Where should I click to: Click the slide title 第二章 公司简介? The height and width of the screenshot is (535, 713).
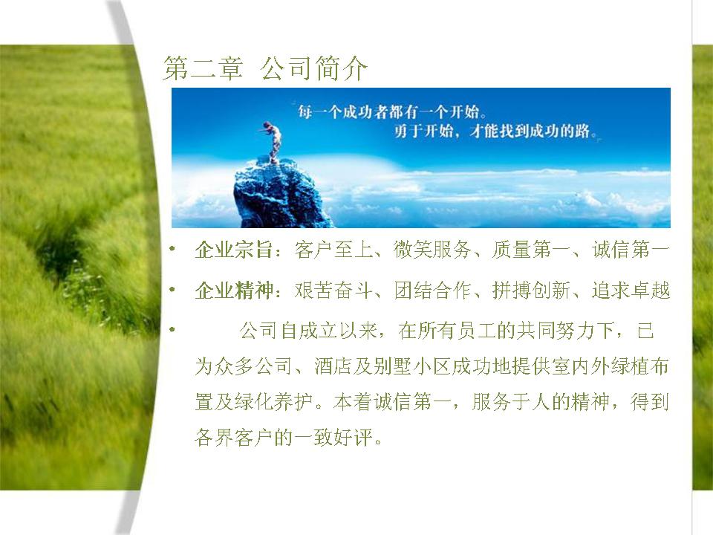[x=265, y=68]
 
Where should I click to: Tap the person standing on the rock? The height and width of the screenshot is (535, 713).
[x=272, y=141]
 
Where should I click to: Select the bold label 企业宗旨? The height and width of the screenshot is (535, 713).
[x=233, y=250]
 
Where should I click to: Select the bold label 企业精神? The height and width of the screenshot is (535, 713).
[x=233, y=290]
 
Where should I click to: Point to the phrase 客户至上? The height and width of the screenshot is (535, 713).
[x=333, y=250]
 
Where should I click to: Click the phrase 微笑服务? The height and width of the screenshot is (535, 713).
[x=432, y=250]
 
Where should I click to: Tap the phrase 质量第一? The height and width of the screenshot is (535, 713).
[x=531, y=250]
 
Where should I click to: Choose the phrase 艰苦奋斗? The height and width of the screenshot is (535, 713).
[x=333, y=290]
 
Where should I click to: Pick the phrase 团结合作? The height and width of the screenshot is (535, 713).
[x=432, y=290]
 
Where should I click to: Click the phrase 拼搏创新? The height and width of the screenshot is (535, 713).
[x=531, y=290]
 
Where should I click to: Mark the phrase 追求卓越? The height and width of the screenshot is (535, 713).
[x=631, y=290]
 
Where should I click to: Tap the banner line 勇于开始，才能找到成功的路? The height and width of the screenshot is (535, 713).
[x=495, y=131]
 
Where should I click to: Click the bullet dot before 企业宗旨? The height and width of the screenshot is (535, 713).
[x=172, y=249]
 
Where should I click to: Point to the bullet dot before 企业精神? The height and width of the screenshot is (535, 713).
[x=172, y=289]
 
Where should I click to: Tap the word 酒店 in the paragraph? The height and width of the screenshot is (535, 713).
[x=333, y=366]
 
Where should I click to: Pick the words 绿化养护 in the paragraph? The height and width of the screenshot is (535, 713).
[x=274, y=402]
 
